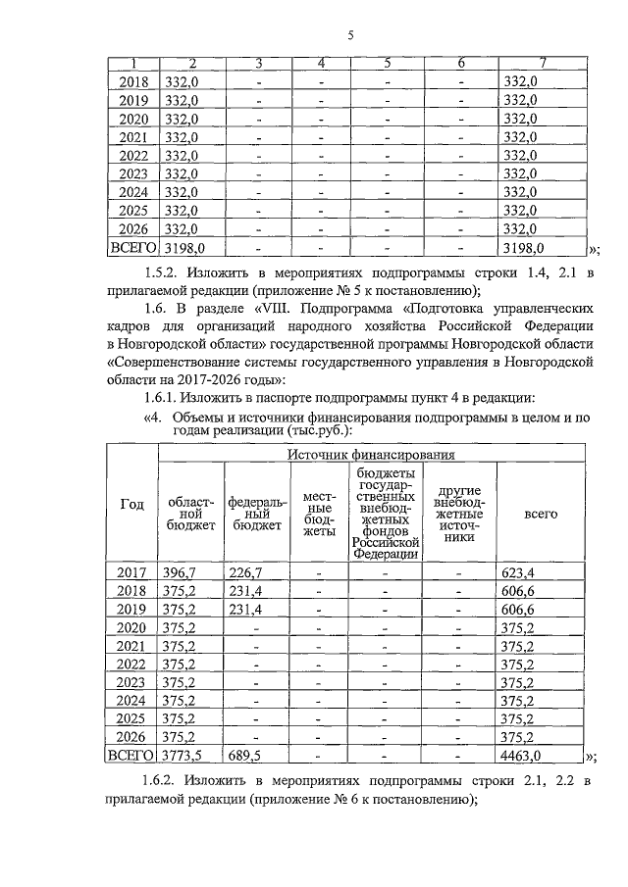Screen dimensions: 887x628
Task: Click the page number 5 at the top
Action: coord(349,36)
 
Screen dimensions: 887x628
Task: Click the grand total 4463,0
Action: coord(522,756)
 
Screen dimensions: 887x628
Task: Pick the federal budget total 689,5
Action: coord(244,756)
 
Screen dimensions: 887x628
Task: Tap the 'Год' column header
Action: coord(131,504)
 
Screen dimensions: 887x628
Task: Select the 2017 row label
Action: coord(131,571)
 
